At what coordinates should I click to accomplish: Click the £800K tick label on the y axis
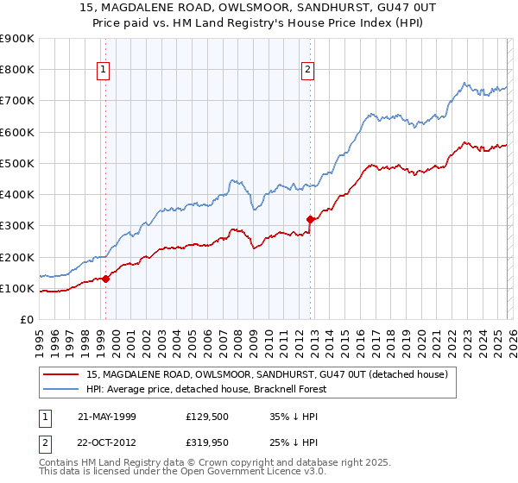pyautogui.click(x=17, y=70)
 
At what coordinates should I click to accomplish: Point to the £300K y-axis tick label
pyautogui.click(x=17, y=226)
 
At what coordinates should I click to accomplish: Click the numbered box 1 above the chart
pyautogui.click(x=103, y=70)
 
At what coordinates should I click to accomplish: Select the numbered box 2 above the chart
pyautogui.click(x=308, y=70)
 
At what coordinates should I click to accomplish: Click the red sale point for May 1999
pyautogui.click(x=106, y=279)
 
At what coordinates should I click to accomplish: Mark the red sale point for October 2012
pyautogui.click(x=310, y=219)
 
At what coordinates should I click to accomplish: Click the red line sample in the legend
pyautogui.click(x=62, y=375)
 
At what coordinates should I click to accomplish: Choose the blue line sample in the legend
pyautogui.click(x=62, y=389)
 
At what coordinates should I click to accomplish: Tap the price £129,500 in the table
pyautogui.click(x=205, y=417)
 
